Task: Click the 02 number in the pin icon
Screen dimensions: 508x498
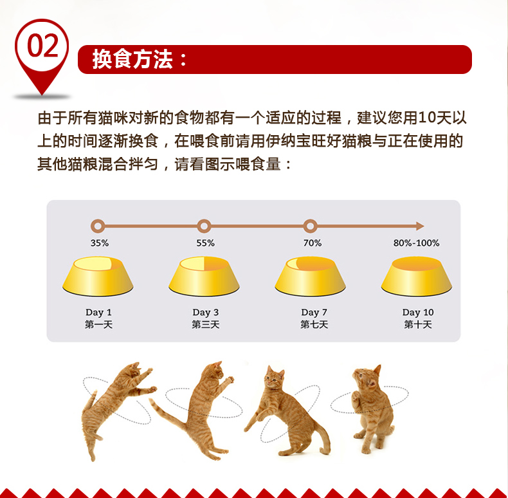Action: [x=43, y=46]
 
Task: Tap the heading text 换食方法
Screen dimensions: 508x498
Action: [x=132, y=59]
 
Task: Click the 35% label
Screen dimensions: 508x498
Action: [x=100, y=243]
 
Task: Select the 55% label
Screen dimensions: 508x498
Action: [x=205, y=243]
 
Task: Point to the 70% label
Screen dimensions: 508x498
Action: [x=313, y=243]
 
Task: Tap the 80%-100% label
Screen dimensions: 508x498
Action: [x=416, y=243]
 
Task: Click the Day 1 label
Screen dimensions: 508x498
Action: [x=98, y=312]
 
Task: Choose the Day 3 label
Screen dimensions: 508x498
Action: [x=205, y=312]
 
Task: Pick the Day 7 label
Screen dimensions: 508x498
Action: [x=314, y=312]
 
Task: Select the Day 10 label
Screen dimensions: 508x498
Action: [x=418, y=312]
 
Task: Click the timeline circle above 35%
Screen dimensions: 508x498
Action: [x=98, y=226]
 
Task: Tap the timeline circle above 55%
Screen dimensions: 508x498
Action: [x=204, y=226]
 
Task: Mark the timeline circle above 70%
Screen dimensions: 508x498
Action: [x=311, y=226]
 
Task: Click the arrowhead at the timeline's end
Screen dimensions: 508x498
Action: [x=420, y=226]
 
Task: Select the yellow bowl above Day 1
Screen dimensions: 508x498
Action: [x=98, y=276]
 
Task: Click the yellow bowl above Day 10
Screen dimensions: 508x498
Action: [x=417, y=276]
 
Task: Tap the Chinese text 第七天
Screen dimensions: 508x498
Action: [x=314, y=324]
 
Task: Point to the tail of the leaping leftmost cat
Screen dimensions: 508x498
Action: [x=89, y=402]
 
